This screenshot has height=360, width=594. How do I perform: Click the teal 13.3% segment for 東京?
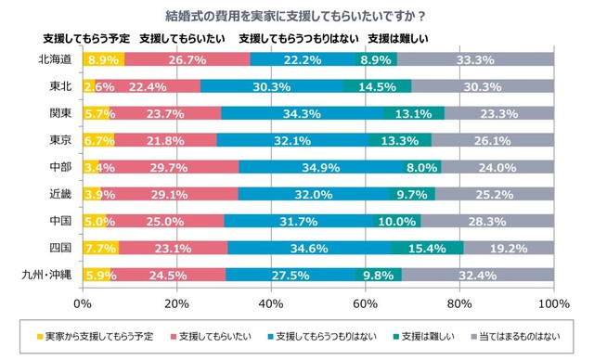tap(400, 140)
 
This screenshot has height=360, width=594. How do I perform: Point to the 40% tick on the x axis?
tap(271, 302)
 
